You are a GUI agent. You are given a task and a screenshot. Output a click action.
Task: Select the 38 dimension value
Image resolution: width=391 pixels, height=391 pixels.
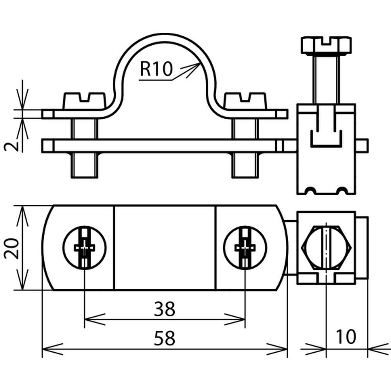coord(165,309)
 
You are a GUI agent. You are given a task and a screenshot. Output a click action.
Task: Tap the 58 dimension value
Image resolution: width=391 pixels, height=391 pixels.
coord(165,338)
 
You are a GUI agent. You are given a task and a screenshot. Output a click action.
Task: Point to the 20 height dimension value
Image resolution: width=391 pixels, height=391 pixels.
coord(12,248)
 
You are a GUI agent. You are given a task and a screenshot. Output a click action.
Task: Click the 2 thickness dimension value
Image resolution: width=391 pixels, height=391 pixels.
coord(12,146)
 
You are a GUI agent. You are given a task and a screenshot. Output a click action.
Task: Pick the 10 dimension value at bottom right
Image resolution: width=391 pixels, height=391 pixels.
coord(346,337)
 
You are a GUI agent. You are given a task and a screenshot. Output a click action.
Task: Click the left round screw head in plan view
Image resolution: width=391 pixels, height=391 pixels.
coord(84,248)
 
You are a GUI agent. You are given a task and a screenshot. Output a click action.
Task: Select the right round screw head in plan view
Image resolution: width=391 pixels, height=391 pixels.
coord(245,248)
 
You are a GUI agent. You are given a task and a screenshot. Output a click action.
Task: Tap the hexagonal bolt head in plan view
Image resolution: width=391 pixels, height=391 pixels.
coord(326,248)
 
